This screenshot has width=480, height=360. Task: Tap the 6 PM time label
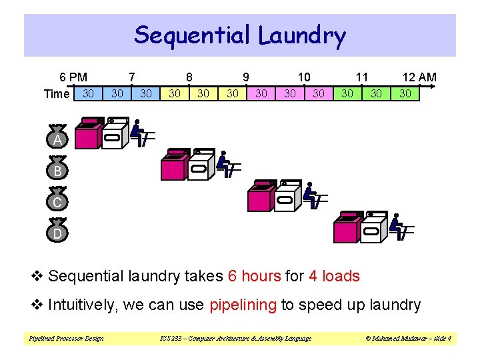(x=73, y=77)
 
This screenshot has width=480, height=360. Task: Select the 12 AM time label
(x=419, y=77)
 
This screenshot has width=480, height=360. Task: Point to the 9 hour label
(x=247, y=77)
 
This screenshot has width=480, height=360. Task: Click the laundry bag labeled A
(x=58, y=138)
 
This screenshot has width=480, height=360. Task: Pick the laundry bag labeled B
(x=58, y=169)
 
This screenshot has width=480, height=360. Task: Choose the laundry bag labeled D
(x=58, y=232)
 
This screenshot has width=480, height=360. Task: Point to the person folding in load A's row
(x=140, y=133)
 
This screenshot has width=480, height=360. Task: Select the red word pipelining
(x=243, y=305)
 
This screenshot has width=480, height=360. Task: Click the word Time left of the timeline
(x=56, y=94)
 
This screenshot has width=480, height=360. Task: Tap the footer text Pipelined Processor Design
(x=66, y=339)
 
